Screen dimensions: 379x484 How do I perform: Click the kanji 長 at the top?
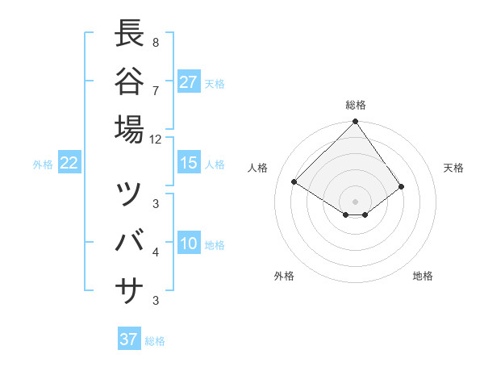pos(130,34)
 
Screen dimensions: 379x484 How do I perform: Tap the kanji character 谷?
pos(130,81)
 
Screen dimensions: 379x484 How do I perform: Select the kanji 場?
pos(130,129)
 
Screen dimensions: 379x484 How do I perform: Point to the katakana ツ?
pos(130,194)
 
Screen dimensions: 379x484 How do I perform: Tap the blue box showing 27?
pos(189,81)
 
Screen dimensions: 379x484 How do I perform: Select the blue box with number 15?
pos(189,163)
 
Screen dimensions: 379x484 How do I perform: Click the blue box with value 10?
pos(189,244)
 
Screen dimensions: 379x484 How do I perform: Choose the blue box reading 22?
pos(69,163)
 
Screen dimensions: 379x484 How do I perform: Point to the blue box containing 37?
pos(129,339)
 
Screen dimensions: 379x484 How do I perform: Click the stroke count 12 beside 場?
pos(156,139)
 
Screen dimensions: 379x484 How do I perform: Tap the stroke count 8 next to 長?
pos(155,43)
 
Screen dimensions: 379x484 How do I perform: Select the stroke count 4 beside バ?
pos(155,252)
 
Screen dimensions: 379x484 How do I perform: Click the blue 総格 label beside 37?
pos(155,341)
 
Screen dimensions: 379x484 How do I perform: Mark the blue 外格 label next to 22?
pos(43,165)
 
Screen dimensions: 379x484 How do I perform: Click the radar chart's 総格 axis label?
pos(356,105)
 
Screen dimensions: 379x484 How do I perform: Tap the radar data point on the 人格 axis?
pos(294,182)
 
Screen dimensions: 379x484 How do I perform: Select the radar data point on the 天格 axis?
pos(402,186)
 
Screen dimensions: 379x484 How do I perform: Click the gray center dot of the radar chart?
pos(356,201)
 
